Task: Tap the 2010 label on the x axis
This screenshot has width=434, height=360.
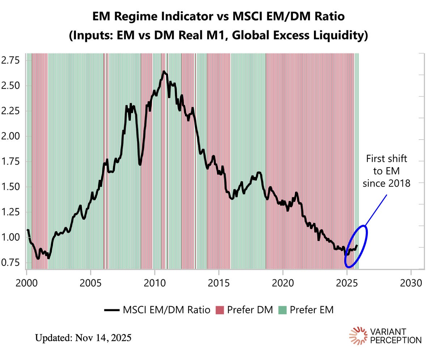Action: (x=154, y=282)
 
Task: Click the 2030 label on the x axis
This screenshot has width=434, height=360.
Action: (x=411, y=282)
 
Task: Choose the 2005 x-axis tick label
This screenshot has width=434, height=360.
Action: (x=90, y=282)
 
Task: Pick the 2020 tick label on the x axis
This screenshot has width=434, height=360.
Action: (x=283, y=282)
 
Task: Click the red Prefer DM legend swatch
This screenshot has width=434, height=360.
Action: (x=220, y=310)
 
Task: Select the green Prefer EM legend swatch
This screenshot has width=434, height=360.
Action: (x=282, y=310)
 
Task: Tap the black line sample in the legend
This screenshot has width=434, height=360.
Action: (x=112, y=310)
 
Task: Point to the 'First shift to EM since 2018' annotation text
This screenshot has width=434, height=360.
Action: (x=387, y=171)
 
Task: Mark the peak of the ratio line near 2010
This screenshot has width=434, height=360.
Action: (x=163, y=72)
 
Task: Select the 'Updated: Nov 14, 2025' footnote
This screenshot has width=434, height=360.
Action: (x=83, y=338)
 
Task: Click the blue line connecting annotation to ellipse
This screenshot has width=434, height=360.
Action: (x=375, y=210)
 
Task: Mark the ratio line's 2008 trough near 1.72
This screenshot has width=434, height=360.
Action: (x=140, y=165)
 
